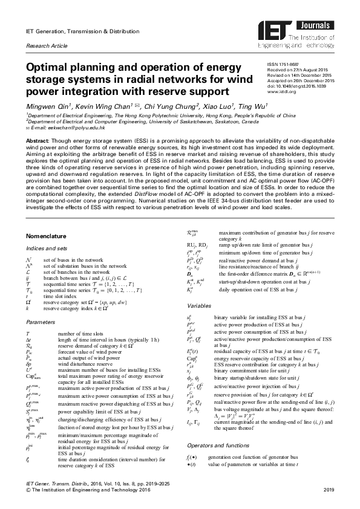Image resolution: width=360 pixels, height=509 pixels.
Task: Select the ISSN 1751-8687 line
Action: (x=284, y=63)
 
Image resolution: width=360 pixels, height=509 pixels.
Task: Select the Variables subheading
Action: (x=200, y=289)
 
